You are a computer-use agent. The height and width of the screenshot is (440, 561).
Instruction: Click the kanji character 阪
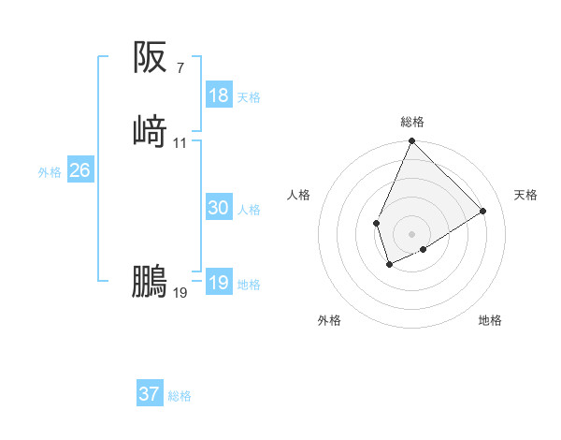[150, 58]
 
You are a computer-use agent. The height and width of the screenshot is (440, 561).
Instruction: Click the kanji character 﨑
[150, 130]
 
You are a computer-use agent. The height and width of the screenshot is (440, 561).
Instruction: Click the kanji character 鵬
[150, 281]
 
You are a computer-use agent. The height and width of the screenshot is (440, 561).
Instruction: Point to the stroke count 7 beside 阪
[180, 67]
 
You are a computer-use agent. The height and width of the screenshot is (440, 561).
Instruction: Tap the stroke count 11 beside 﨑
[180, 142]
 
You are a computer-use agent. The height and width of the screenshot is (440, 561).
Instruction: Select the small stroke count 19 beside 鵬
[180, 293]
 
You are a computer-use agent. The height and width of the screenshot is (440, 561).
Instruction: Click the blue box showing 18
[219, 95]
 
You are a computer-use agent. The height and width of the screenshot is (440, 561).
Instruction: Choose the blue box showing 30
[219, 208]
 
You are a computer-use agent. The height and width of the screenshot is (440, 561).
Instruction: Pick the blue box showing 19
[219, 283]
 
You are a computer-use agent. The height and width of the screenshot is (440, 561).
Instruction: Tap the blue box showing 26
[79, 170]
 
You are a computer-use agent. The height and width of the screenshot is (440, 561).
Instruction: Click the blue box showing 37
[150, 394]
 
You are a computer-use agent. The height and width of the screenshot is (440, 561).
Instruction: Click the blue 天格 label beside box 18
[249, 97]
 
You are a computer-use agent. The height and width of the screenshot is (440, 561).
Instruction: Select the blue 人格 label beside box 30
[249, 210]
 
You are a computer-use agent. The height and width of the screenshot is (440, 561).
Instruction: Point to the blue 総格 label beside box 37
[180, 396]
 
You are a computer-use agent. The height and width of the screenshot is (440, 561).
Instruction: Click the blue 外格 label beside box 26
[50, 172]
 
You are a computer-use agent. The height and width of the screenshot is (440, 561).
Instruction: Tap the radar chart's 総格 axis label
[412, 122]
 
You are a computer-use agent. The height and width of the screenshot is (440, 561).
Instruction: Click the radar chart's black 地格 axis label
[490, 320]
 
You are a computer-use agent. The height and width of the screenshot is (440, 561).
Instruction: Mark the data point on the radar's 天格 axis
[483, 212]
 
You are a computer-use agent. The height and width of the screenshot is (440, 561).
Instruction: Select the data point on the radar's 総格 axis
[412, 142]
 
